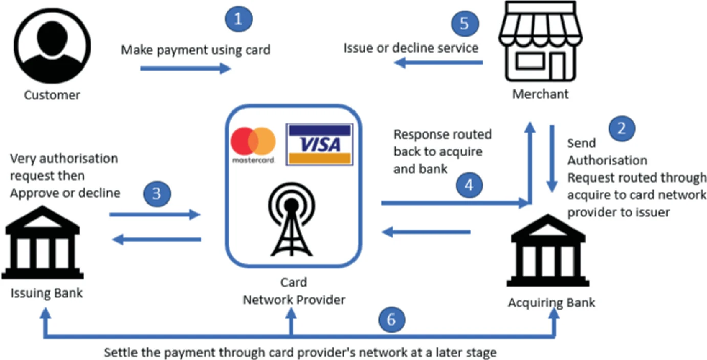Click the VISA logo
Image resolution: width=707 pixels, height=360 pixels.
(319, 144)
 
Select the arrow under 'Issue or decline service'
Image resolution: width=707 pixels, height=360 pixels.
(439, 63)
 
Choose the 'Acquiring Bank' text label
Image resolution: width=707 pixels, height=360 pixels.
(551, 303)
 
